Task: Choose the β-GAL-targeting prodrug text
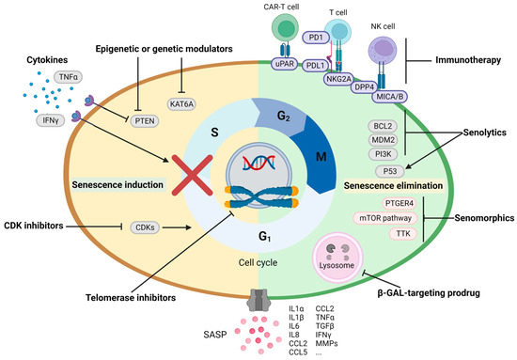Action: click(x=429, y=293)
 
